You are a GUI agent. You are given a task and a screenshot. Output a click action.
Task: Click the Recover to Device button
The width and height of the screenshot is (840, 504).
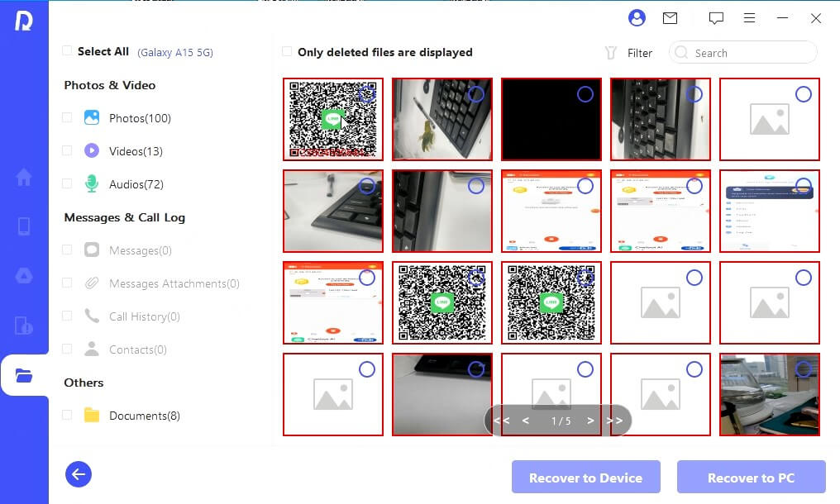[585, 478]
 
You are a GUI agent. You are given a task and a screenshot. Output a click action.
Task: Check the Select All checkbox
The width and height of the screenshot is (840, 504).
[67, 51]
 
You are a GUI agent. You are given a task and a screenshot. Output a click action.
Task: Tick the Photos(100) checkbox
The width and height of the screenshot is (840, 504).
[67, 118]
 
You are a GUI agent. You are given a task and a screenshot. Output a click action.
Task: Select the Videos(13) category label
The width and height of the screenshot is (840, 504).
[136, 151]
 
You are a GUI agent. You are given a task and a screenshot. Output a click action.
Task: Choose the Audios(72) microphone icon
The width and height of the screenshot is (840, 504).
[92, 184]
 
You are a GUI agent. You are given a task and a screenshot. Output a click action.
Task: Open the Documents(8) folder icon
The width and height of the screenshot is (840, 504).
[92, 416]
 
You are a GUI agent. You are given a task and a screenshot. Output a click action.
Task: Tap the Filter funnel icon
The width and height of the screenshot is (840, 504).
[611, 53]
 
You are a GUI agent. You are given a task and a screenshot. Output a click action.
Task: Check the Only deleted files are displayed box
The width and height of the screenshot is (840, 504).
[287, 52]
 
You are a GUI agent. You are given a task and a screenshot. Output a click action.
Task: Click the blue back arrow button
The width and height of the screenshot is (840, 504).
[79, 474]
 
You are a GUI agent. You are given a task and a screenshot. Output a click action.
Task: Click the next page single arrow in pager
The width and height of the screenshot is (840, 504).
[590, 421]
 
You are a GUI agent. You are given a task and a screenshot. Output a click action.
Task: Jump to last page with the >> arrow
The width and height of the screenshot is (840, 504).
[614, 421]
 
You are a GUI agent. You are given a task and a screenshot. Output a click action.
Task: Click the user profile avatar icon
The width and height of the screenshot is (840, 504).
[637, 18]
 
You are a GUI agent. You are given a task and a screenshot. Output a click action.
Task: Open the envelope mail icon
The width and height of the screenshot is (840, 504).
[670, 18]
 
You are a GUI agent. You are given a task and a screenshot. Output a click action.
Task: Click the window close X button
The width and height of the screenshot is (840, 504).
[816, 18]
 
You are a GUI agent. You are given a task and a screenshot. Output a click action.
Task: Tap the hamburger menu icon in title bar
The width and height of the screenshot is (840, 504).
[749, 18]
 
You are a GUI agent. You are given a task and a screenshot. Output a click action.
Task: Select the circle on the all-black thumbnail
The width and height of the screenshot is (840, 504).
[585, 94]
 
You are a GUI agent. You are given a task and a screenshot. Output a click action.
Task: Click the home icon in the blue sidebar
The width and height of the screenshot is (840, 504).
[24, 177]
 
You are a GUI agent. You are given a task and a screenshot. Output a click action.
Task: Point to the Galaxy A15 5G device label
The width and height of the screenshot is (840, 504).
[175, 52]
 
